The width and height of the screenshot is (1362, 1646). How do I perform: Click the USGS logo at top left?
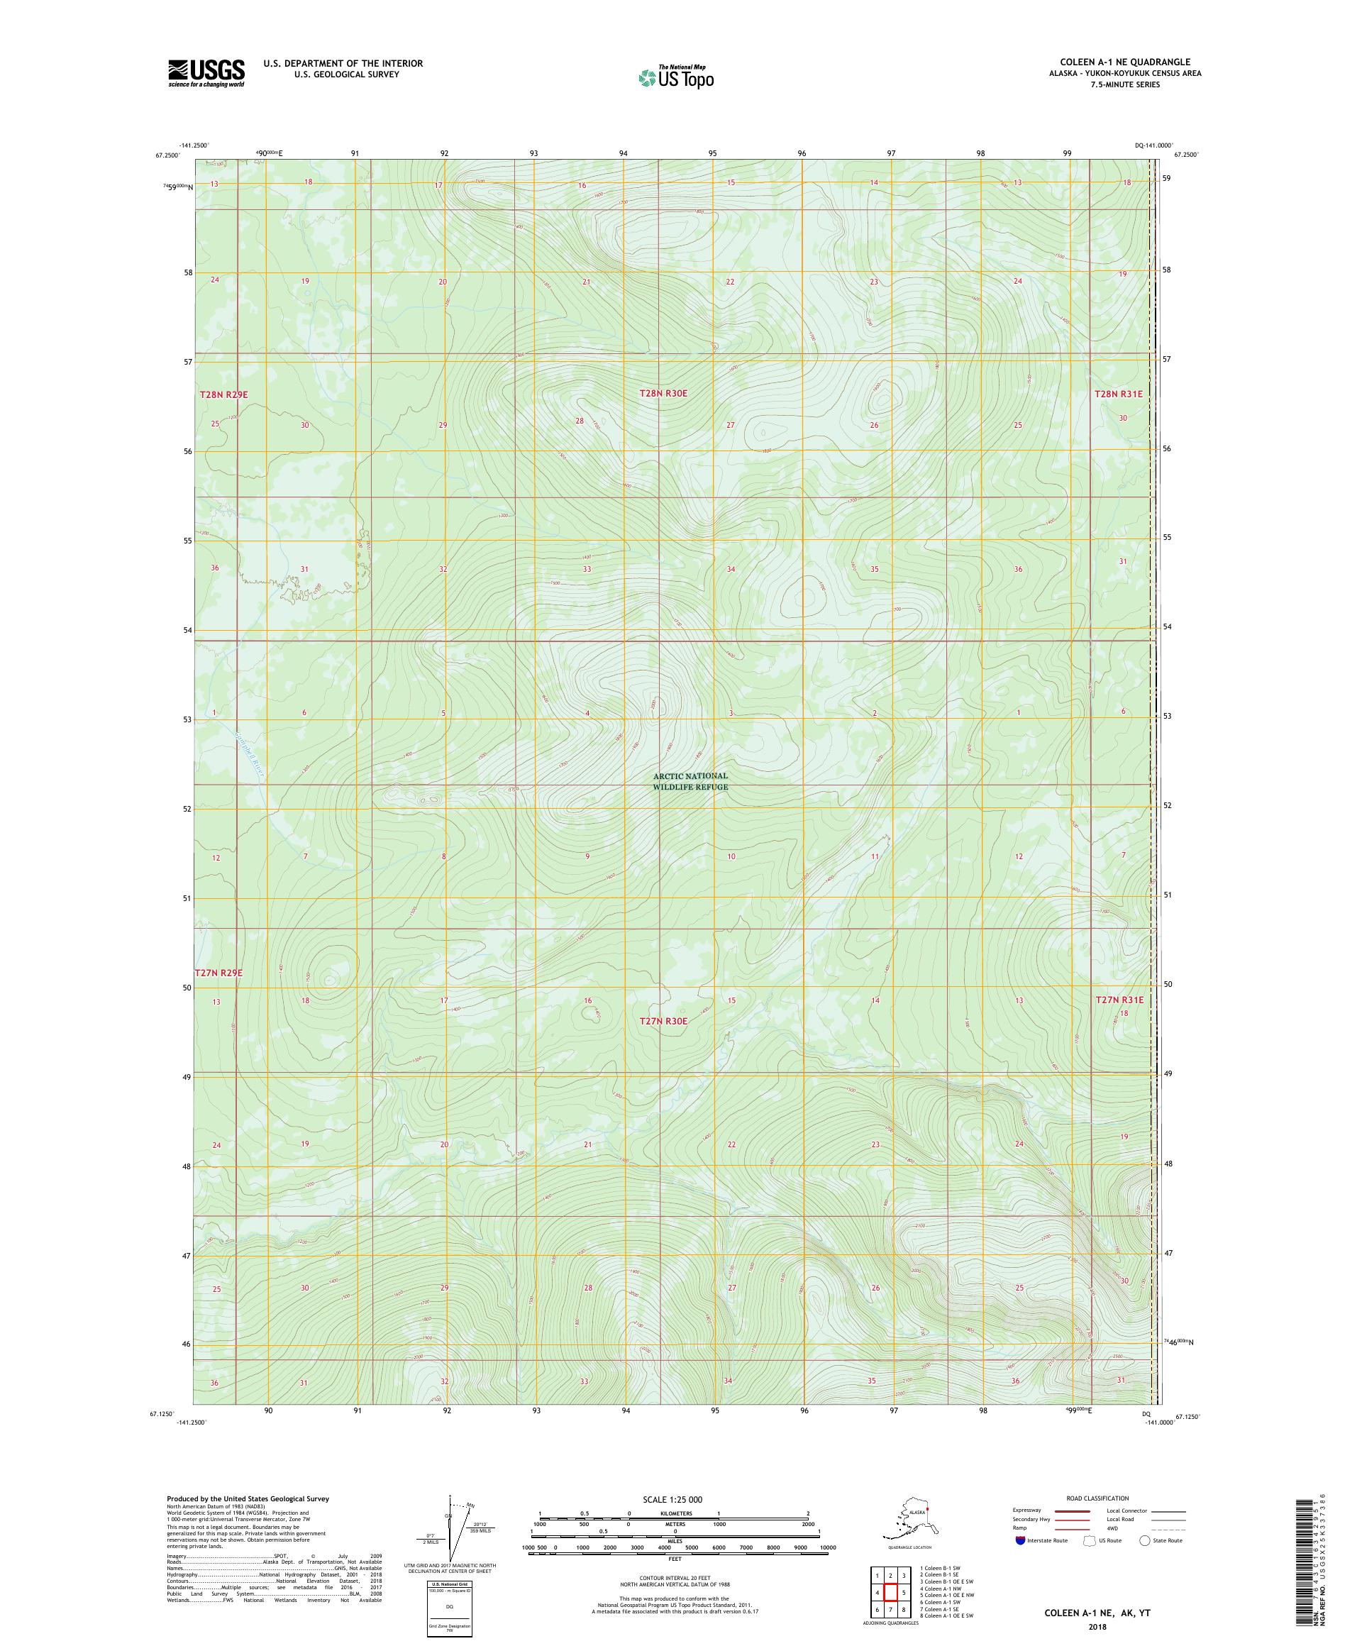[x=205, y=73]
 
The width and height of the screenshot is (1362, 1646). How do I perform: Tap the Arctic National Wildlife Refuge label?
[x=690, y=781]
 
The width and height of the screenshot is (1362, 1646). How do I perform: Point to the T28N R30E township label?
[x=663, y=392]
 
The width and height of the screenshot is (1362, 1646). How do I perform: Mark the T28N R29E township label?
[x=223, y=395]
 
